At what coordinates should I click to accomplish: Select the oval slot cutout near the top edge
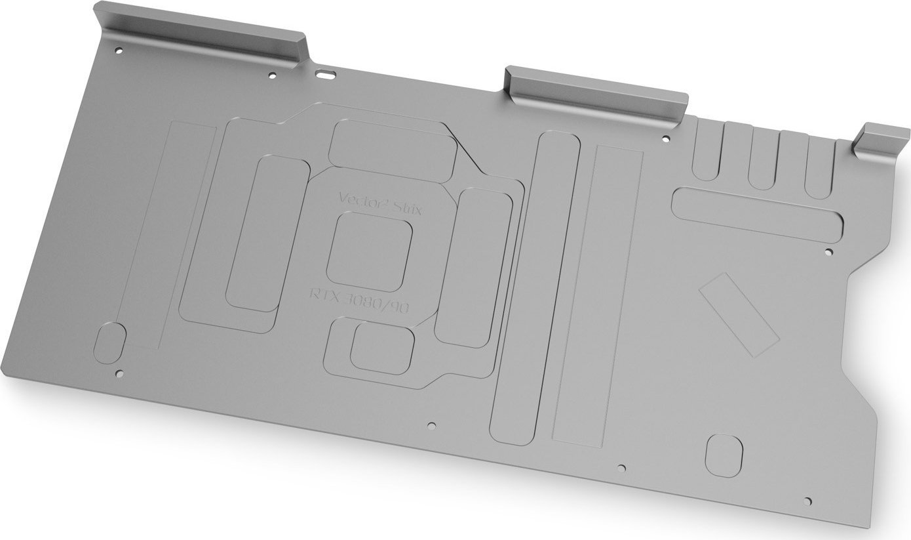pos(325,73)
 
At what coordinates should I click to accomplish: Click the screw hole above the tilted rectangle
pos(828,251)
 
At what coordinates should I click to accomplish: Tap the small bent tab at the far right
pos(881,141)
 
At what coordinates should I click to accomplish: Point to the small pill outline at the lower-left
pos(111,343)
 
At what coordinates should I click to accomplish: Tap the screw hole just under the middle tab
pos(666,138)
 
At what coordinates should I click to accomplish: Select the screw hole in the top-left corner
pos(119,50)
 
